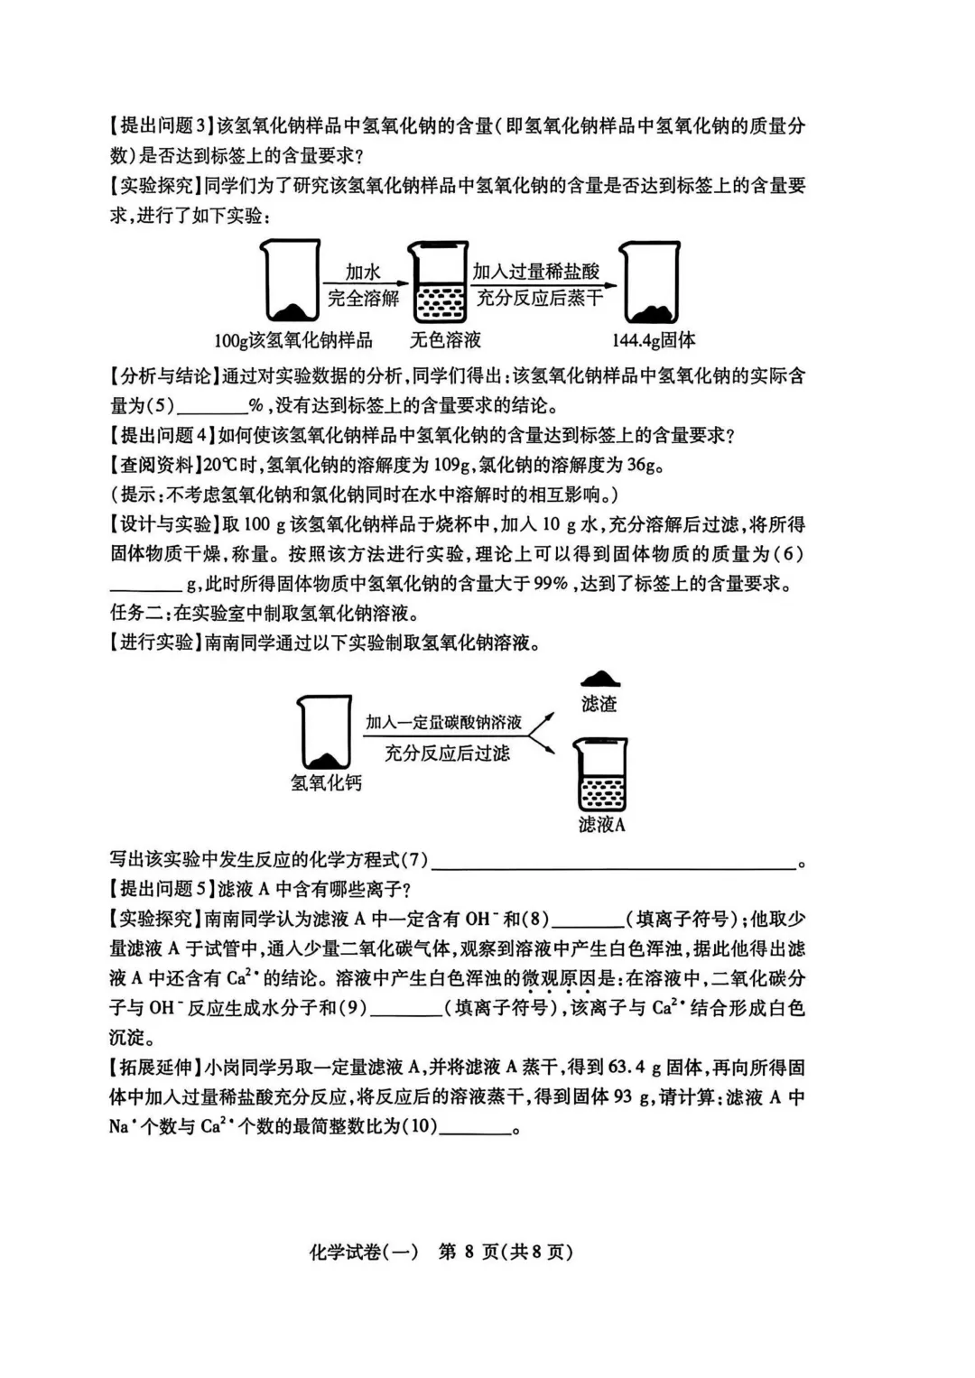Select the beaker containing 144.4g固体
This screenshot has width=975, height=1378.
[650, 282]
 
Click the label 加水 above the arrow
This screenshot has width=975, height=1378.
[363, 272]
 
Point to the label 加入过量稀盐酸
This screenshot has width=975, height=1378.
[536, 271]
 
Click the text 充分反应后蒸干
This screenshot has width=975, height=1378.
[539, 299]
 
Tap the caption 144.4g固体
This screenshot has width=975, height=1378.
[654, 340]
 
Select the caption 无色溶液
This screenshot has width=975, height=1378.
[445, 340]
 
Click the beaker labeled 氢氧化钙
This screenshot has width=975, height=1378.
[324, 733]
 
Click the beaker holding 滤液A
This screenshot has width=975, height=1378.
[600, 775]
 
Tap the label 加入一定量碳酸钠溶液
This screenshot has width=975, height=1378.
[443, 723]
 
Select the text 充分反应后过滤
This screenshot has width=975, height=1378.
[447, 753]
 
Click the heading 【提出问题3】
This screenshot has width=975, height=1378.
[163, 127]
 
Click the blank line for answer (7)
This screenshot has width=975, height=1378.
[614, 863]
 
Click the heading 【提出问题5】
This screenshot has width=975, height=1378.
[163, 889]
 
